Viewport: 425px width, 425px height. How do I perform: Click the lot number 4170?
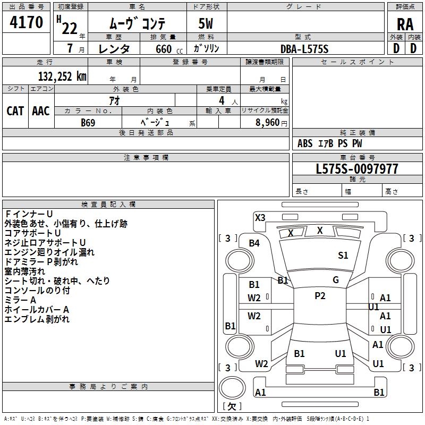(26, 22)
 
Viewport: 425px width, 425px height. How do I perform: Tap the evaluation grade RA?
(405, 24)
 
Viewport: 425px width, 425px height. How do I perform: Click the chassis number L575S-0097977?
(356, 169)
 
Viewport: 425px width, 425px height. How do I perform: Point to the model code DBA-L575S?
(304, 48)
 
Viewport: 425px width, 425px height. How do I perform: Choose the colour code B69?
(88, 122)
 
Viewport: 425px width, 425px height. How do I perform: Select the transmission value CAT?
(15, 110)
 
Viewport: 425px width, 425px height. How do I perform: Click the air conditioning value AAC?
(41, 110)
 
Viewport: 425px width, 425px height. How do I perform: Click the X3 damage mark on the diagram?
(260, 217)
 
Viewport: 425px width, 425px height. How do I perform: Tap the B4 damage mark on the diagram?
(254, 243)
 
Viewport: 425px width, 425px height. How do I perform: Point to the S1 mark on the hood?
(343, 256)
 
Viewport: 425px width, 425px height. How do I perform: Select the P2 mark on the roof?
(320, 296)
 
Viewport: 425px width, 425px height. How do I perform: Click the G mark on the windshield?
(336, 280)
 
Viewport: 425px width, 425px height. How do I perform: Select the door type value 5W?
(207, 24)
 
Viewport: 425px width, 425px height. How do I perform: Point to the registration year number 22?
(69, 28)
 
